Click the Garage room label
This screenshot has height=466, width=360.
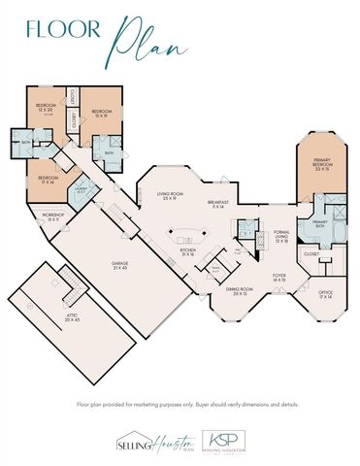(121, 266)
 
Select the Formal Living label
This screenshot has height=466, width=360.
(282, 239)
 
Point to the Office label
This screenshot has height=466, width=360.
(326, 294)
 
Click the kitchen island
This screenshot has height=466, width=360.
(188, 234)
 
